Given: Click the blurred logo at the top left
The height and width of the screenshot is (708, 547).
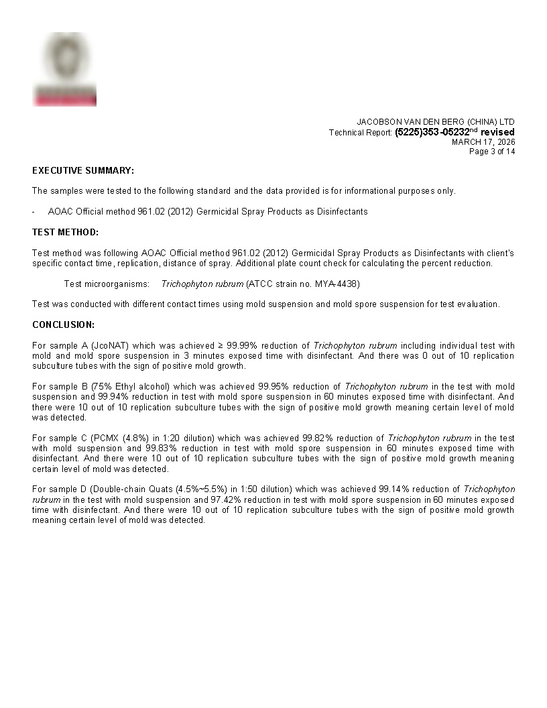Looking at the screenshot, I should pos(64,69).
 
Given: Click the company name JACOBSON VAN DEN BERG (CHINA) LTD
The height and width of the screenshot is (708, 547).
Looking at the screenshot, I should pos(435,121).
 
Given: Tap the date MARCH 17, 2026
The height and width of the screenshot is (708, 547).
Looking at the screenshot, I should pos(483,141).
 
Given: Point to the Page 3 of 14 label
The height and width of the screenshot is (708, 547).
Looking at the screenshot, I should pos(492,152).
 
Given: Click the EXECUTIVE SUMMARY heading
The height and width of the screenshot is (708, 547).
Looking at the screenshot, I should pos(83,170).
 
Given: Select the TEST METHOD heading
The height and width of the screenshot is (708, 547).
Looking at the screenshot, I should pos(65,232).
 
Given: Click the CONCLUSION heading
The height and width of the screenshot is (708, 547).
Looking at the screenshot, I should pos(63,324).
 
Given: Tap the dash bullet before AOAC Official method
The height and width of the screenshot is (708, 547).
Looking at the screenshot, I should pos(34,211).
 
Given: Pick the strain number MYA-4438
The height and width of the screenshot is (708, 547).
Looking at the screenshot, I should pos(338,284).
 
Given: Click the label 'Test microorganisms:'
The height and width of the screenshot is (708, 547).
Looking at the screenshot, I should pos(107,284).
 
